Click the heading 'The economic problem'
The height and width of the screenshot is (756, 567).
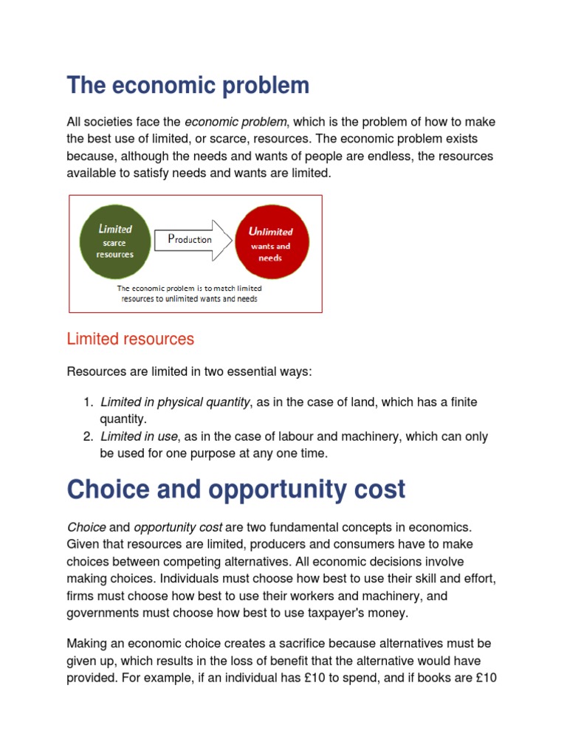point(188,86)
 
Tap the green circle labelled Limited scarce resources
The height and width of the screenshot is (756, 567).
point(115,241)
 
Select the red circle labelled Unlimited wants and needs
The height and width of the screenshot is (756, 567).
point(271,242)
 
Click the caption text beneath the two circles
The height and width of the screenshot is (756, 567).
point(190,293)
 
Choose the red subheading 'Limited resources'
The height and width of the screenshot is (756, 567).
point(131,339)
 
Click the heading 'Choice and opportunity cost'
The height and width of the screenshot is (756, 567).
point(236,489)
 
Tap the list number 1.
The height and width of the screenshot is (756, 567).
point(88,402)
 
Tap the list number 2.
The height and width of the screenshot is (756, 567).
point(88,436)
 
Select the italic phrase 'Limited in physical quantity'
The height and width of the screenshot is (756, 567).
point(176,402)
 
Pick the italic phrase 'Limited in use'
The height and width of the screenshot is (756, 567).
point(140,436)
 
